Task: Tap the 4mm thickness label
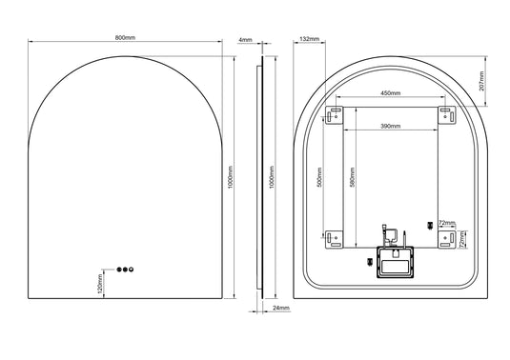(x=246, y=40)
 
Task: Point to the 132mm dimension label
(x=309, y=39)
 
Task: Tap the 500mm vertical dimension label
(x=320, y=176)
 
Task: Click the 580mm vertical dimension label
(x=354, y=176)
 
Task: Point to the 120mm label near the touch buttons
(x=99, y=283)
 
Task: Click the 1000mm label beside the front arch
(x=232, y=176)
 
